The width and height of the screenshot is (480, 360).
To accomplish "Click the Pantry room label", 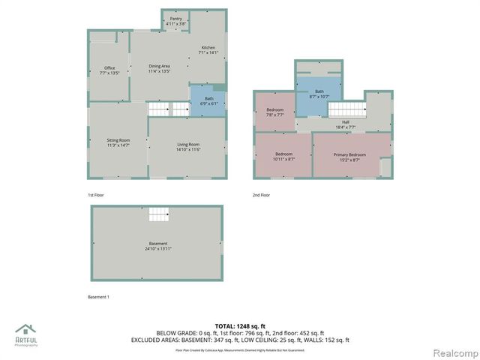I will click(x=175, y=20).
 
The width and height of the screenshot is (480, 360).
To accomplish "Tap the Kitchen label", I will click(x=208, y=49).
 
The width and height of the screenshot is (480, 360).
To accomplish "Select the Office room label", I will click(x=109, y=70).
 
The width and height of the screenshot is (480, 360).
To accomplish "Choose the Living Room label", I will click(x=187, y=146).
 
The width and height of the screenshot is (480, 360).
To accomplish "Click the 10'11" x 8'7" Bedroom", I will click(x=283, y=156).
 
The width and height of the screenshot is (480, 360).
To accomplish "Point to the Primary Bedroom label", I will click(x=349, y=156).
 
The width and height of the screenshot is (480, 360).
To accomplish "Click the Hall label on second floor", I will click(x=346, y=124).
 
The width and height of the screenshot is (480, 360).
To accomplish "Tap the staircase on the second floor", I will click(x=346, y=109).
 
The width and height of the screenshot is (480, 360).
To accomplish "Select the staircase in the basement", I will click(x=158, y=214).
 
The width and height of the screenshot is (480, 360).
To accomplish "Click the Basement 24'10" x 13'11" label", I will click(x=158, y=246).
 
